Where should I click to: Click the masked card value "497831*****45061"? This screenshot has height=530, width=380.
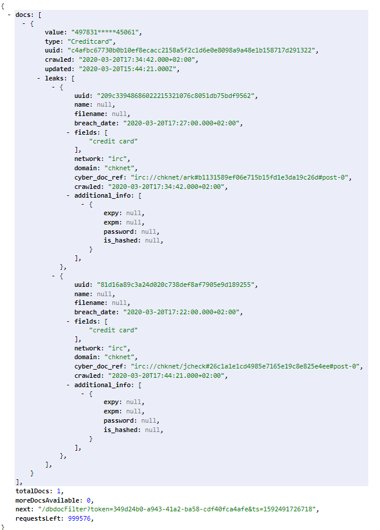coord(105,33)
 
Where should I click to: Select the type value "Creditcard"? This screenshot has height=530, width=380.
coord(90,41)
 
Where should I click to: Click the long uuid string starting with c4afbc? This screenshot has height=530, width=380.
coord(191,51)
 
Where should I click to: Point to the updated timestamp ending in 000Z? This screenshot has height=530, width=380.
coord(128,69)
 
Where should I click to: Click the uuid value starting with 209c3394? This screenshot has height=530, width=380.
coord(176,96)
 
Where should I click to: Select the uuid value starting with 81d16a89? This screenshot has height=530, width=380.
coord(176,285)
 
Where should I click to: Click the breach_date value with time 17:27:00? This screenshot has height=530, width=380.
coord(182,124)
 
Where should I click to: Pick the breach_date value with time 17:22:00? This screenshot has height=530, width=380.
coord(182,313)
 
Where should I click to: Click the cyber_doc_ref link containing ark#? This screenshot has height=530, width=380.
coord(240,177)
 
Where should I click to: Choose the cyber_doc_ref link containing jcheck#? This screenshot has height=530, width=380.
coord(245,366)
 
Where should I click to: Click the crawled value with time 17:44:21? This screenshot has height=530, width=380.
coord(166,376)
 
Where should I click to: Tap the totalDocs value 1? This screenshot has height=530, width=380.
coord(58,491)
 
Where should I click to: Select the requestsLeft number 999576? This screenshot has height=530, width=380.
coord(79,518)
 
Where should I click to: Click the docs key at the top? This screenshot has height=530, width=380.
coord(25,15)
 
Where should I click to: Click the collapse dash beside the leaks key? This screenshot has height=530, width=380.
coord(39,78)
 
